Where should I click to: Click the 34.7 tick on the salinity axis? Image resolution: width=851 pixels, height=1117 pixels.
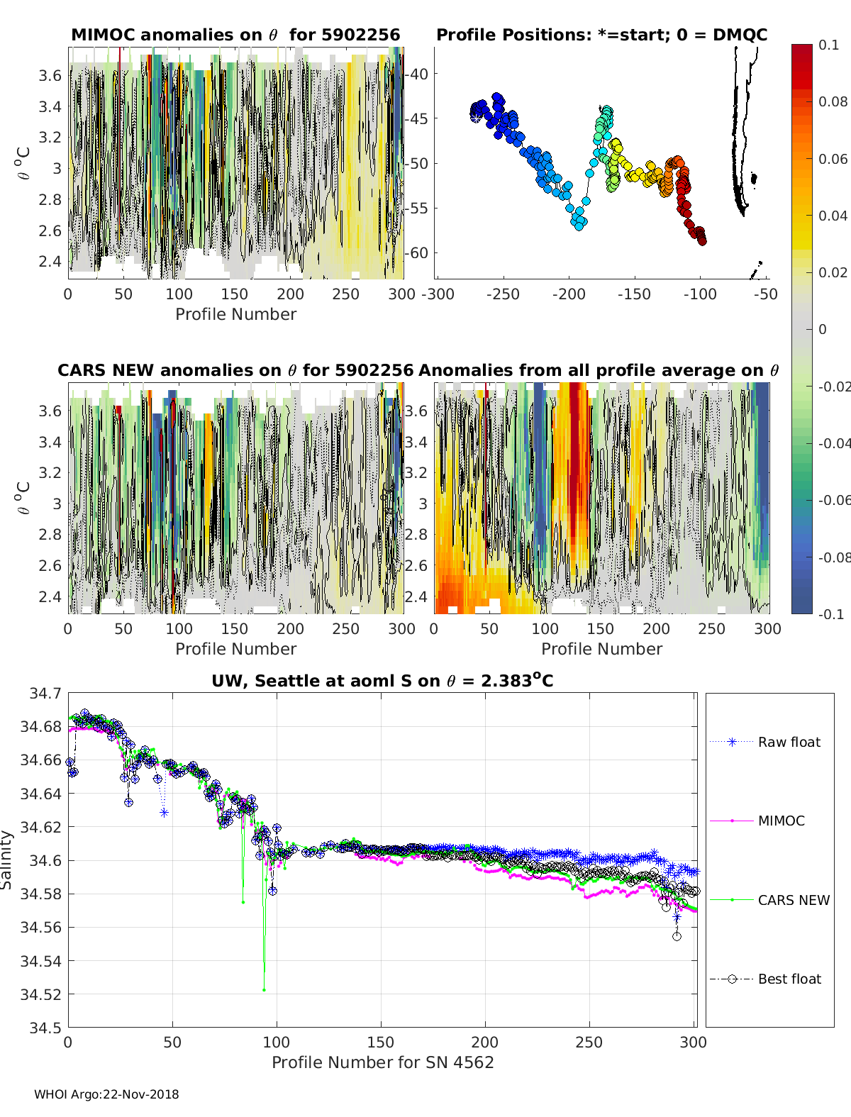pos(45,693)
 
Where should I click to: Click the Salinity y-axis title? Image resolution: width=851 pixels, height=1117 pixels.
pos(7,860)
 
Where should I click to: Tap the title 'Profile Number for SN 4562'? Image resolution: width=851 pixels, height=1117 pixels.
pos(382,1062)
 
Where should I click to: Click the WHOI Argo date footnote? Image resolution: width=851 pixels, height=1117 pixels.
pos(106,1094)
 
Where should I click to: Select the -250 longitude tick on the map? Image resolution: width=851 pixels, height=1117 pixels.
pos(504,294)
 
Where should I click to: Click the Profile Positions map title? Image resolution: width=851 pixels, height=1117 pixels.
pos(601,35)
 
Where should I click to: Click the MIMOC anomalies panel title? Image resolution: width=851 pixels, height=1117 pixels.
pos(235,35)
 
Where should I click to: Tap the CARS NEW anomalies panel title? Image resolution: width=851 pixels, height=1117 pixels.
pos(235,370)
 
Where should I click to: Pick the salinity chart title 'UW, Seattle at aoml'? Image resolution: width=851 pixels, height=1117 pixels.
pos(382,681)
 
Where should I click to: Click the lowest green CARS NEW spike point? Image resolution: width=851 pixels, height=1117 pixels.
pos(264,990)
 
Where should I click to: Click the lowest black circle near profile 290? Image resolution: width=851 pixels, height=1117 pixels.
pos(677,936)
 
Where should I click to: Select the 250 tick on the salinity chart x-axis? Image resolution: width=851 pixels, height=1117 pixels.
pos(589,1042)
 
